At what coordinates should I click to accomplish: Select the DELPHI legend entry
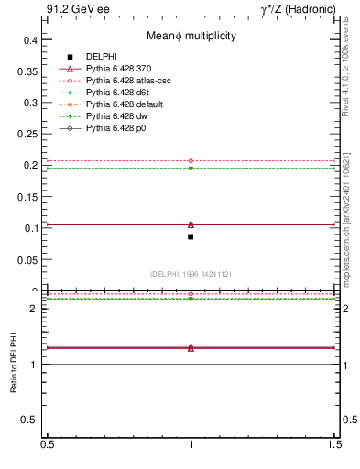click(x=101, y=57)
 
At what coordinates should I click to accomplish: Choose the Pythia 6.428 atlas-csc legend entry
click(x=128, y=81)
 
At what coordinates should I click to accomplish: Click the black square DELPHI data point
click(x=191, y=236)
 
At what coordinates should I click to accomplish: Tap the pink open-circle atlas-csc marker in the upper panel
click(x=191, y=161)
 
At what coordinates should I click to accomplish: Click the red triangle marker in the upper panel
click(x=191, y=224)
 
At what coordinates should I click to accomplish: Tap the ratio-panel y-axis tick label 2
click(x=32, y=309)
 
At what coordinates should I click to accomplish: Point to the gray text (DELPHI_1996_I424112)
click(x=191, y=273)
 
